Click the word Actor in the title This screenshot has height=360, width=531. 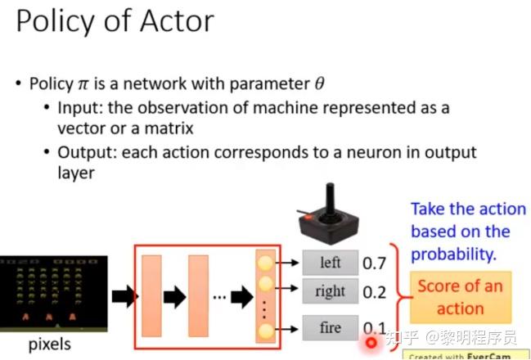pos(177,21)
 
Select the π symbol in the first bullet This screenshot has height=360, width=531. pos(83,84)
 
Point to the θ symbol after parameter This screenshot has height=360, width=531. pos(319,83)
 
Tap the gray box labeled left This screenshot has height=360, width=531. pos(331,263)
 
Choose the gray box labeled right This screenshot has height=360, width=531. pos(331,291)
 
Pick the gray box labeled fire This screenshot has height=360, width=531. pos(331,327)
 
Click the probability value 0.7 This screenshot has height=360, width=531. pos(374,263)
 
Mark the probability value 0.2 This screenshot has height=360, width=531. pos(374,292)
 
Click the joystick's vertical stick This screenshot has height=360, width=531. pos(330,199)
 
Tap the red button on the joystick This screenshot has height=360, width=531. pos(308,218)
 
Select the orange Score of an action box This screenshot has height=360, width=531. pos(461,297)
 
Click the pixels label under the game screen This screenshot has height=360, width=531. pos(50,344)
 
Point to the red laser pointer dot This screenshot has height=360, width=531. pos(371,343)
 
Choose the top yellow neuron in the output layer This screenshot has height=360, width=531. pos(265,263)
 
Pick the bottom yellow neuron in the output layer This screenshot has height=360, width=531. pos(265,331)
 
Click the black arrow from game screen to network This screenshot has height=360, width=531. pos(124,297)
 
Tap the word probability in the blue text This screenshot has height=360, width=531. pos(453,254)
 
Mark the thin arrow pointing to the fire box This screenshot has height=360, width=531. pos(286,329)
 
